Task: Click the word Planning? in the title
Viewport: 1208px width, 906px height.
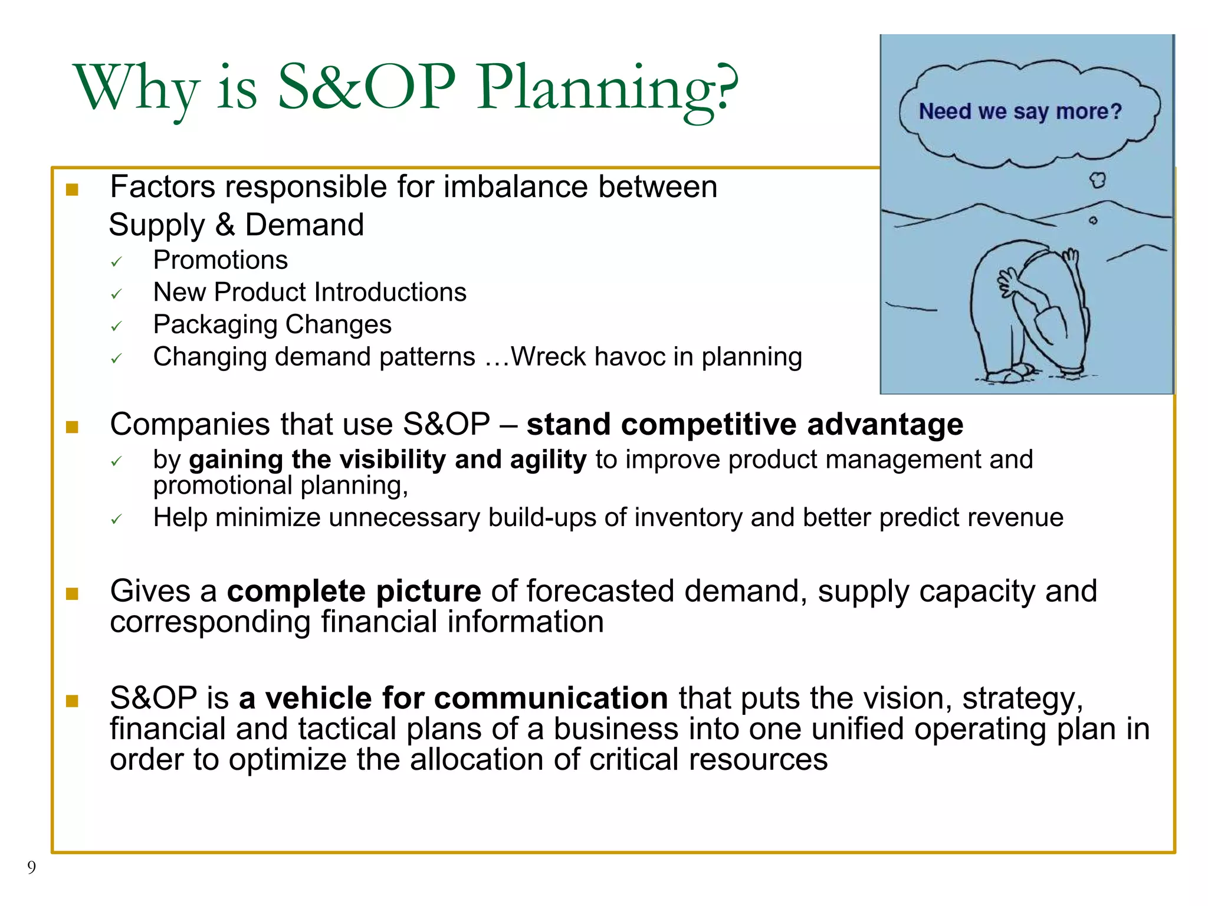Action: click(608, 88)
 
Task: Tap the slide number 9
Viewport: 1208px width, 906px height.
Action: click(31, 867)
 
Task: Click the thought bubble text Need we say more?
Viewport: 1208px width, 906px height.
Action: click(1020, 111)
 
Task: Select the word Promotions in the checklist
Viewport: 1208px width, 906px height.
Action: click(220, 260)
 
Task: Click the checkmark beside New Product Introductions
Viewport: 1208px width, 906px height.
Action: click(116, 294)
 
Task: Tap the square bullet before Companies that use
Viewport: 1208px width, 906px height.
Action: click(72, 426)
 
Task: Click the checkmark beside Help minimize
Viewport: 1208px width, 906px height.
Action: click(116, 519)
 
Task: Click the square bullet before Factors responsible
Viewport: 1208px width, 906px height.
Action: click(72, 189)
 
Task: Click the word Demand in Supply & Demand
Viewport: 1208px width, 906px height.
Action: click(304, 225)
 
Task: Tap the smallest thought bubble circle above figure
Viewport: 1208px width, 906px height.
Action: click(1093, 221)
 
